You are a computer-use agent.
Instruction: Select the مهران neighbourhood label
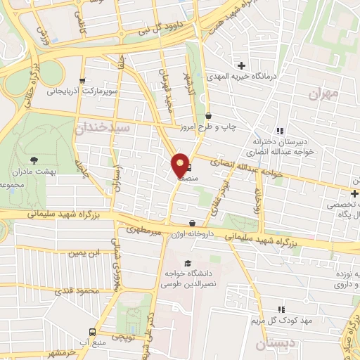click(x=323, y=93)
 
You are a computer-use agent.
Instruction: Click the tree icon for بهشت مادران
click(x=34, y=161)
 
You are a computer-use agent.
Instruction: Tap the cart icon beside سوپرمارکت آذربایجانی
click(x=84, y=80)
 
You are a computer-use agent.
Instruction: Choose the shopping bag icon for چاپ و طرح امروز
click(x=208, y=116)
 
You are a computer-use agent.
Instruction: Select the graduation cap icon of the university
click(x=186, y=262)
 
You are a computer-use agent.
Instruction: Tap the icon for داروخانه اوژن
click(x=192, y=224)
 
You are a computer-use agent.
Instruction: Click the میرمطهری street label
click(x=144, y=229)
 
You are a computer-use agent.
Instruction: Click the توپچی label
click(x=122, y=337)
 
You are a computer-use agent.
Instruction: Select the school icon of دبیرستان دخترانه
click(x=280, y=131)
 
